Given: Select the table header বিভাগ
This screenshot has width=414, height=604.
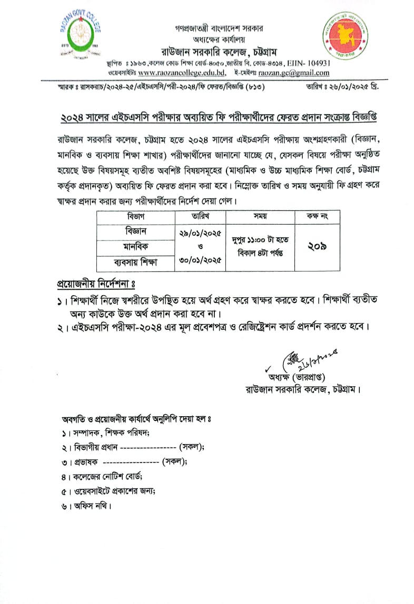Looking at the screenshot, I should [x=135, y=216].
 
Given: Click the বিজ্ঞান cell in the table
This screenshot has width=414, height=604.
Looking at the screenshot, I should [x=135, y=231].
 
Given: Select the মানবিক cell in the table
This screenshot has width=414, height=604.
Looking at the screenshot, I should [x=135, y=246].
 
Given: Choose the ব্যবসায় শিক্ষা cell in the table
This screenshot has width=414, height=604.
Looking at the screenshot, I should [x=135, y=261].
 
